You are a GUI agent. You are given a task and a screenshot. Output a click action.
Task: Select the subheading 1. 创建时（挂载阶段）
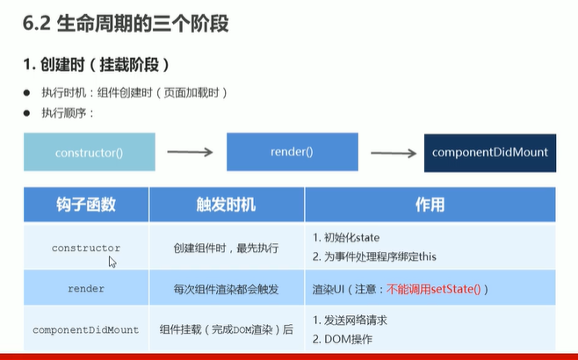click(x=95, y=66)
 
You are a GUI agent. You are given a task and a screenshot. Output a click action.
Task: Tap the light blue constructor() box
click(x=89, y=152)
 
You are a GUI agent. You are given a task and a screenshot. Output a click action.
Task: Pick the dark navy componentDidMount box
click(x=489, y=152)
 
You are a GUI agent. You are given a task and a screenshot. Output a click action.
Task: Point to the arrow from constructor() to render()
click(x=190, y=153)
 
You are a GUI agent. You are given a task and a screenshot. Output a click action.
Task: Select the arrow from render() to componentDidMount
click(x=393, y=153)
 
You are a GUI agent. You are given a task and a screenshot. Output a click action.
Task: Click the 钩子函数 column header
click(x=85, y=205)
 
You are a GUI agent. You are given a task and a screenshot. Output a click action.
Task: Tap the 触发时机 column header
click(x=227, y=205)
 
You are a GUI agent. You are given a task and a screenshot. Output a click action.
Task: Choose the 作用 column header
click(x=430, y=205)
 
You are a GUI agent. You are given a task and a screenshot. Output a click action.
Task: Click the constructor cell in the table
click(x=86, y=248)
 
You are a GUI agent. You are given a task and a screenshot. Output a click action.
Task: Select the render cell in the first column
click(x=86, y=288)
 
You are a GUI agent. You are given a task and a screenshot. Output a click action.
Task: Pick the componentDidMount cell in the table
click(x=86, y=330)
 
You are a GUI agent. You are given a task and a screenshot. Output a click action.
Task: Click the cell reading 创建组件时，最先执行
click(x=227, y=248)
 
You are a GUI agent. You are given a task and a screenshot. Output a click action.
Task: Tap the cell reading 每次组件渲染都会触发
click(x=227, y=288)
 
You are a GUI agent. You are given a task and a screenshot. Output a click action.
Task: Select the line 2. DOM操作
click(x=344, y=339)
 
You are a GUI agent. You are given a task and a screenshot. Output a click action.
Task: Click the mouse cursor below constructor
click(x=112, y=262)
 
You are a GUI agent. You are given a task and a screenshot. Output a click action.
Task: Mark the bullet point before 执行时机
click(x=27, y=93)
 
